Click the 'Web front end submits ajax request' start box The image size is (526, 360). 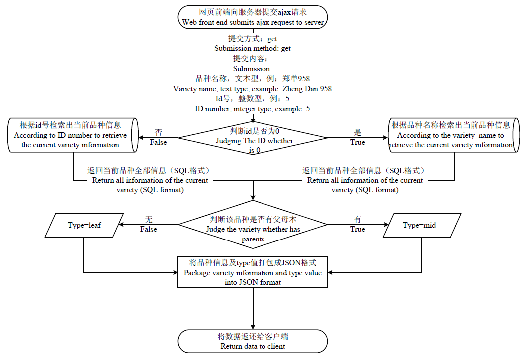coord(253,17)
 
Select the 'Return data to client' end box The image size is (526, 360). coord(253,341)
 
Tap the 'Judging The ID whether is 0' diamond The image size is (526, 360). coord(253,138)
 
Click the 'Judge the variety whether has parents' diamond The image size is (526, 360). coord(253,225)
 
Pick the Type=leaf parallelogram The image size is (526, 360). coord(84,225)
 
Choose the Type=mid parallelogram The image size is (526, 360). coord(422,225)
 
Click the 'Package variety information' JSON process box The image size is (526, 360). coord(253,272)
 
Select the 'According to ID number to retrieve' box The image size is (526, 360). coord(73,135)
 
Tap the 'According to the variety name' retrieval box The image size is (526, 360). coord(454,135)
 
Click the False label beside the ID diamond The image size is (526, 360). coord(158,142)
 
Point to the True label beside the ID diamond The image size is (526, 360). coord(358,142)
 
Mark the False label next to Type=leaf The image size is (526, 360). coord(148,229)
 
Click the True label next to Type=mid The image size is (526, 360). coord(358,229)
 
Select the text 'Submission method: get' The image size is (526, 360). coord(253,48)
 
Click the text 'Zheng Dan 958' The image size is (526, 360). coord(307,89)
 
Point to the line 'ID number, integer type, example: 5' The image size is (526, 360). coord(252,109)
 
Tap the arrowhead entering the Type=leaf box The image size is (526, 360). coord(122,225)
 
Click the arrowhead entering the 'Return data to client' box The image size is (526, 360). coord(253,327)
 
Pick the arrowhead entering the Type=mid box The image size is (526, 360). coord(386,225)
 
